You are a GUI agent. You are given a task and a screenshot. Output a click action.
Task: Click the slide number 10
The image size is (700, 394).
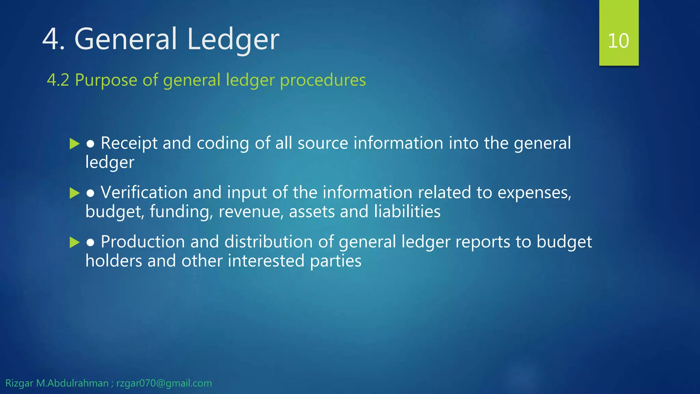[618, 41]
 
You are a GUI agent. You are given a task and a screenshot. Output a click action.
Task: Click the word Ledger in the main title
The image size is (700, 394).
[233, 39]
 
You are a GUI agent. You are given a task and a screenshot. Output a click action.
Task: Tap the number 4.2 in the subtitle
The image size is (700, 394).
[58, 80]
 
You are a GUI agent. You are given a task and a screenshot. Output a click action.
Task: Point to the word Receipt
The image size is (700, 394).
[129, 143]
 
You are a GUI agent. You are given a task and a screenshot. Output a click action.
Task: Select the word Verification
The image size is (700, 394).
[144, 192]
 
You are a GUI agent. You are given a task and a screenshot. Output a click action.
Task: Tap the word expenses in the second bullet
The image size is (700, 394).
[534, 193]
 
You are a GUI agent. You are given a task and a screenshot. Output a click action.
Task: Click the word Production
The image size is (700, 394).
[143, 242]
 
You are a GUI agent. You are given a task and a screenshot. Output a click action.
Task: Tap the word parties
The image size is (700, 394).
[335, 261]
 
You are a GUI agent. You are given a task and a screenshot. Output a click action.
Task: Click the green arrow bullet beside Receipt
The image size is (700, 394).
[74, 144]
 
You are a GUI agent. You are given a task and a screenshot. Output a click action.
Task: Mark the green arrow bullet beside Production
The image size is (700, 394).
[74, 242]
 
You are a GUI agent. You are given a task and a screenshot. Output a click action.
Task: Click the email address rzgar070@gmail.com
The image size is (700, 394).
[164, 383]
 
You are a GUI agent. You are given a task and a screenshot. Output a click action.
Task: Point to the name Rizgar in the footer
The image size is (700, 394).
[19, 383]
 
